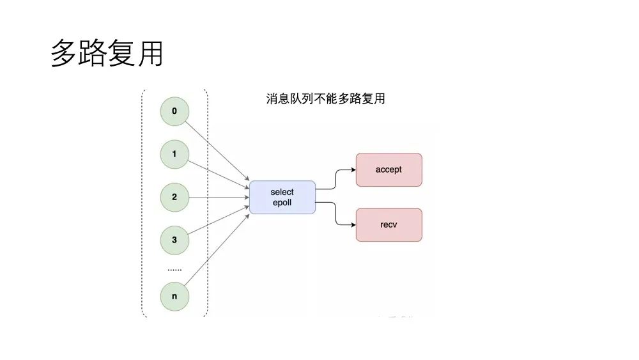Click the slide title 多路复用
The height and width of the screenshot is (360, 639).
(107, 54)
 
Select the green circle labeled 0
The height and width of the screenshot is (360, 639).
(174, 111)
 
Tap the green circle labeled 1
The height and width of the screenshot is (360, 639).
(174, 154)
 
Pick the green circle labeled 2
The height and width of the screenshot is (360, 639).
(174, 197)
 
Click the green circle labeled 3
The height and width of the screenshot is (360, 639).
(174, 240)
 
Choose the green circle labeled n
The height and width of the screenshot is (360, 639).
(174, 297)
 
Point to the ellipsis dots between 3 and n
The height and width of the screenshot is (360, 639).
(174, 270)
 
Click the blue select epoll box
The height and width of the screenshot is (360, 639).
(282, 197)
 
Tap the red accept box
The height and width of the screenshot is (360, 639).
(389, 169)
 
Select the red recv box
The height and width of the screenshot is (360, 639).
(389, 224)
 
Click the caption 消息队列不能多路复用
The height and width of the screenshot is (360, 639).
(325, 99)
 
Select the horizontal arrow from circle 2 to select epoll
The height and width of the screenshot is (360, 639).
(217, 197)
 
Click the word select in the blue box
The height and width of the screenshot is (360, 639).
(282, 192)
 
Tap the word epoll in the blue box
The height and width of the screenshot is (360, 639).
(282, 203)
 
